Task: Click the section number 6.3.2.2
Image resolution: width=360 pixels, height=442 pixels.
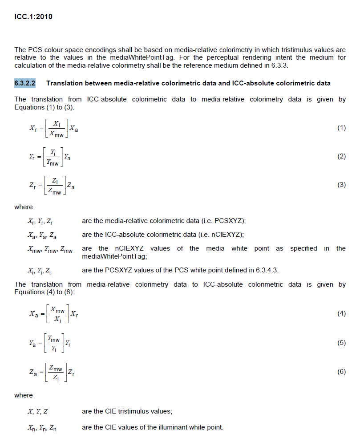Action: click(25, 83)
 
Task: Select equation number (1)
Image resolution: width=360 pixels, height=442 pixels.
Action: click(341, 128)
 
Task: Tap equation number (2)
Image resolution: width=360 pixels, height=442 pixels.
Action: click(341, 156)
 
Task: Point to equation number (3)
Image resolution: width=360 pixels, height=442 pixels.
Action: click(341, 185)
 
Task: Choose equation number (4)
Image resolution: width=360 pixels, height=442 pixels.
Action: click(341, 313)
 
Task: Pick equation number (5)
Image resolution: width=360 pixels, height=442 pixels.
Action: click(341, 343)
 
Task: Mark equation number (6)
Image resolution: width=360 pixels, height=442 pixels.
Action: click(341, 372)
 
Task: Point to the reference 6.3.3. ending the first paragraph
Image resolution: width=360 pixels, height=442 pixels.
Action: click(283, 66)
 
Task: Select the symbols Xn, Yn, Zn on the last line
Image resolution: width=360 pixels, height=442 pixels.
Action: click(42, 428)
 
